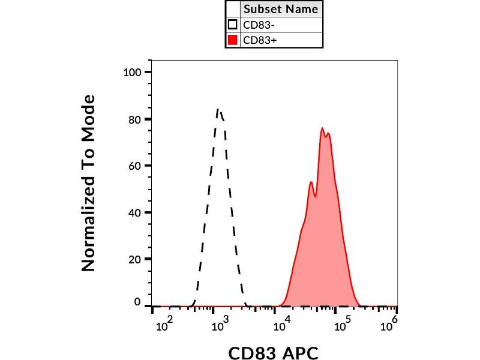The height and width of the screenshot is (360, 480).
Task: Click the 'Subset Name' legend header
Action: [x=281, y=10]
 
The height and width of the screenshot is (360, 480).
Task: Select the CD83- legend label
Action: [x=256, y=25]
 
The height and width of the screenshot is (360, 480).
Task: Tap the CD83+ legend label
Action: [x=256, y=41]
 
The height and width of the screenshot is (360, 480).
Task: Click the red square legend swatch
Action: [x=233, y=41]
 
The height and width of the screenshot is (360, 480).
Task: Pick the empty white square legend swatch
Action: [x=233, y=25]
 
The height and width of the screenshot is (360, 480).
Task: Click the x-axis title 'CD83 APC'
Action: [x=273, y=352]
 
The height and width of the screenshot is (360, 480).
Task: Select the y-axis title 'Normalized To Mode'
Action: [x=89, y=183]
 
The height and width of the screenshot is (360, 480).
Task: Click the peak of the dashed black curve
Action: [x=218, y=109]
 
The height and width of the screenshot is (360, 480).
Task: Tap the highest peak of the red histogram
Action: [x=322, y=128]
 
